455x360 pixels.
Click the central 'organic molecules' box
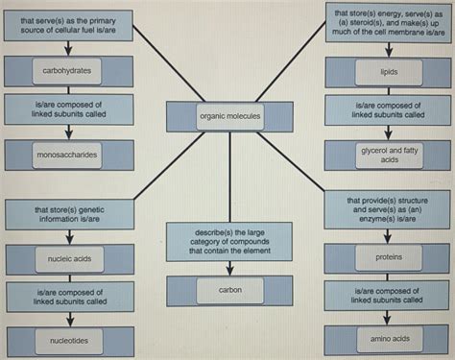[x=230, y=116]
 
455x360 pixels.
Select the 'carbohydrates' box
[x=67, y=70]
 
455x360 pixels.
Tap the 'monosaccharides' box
[x=67, y=154]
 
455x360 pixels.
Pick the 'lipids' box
[x=388, y=71]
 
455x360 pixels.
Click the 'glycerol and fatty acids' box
[x=388, y=155]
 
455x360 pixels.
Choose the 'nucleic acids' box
[x=67, y=258]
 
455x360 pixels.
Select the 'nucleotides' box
[x=67, y=340]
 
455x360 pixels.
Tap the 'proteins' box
[x=388, y=257]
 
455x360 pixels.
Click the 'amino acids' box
[x=388, y=339]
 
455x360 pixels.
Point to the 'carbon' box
[x=230, y=289]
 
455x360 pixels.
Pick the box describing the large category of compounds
[x=230, y=240]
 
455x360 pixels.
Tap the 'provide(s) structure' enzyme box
[x=388, y=209]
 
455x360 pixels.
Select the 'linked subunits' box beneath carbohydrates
[x=67, y=108]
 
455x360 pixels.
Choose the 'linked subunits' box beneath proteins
[x=388, y=296]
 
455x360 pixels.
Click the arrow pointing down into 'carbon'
[x=230, y=268]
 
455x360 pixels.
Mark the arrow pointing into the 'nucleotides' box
[x=67, y=321]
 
